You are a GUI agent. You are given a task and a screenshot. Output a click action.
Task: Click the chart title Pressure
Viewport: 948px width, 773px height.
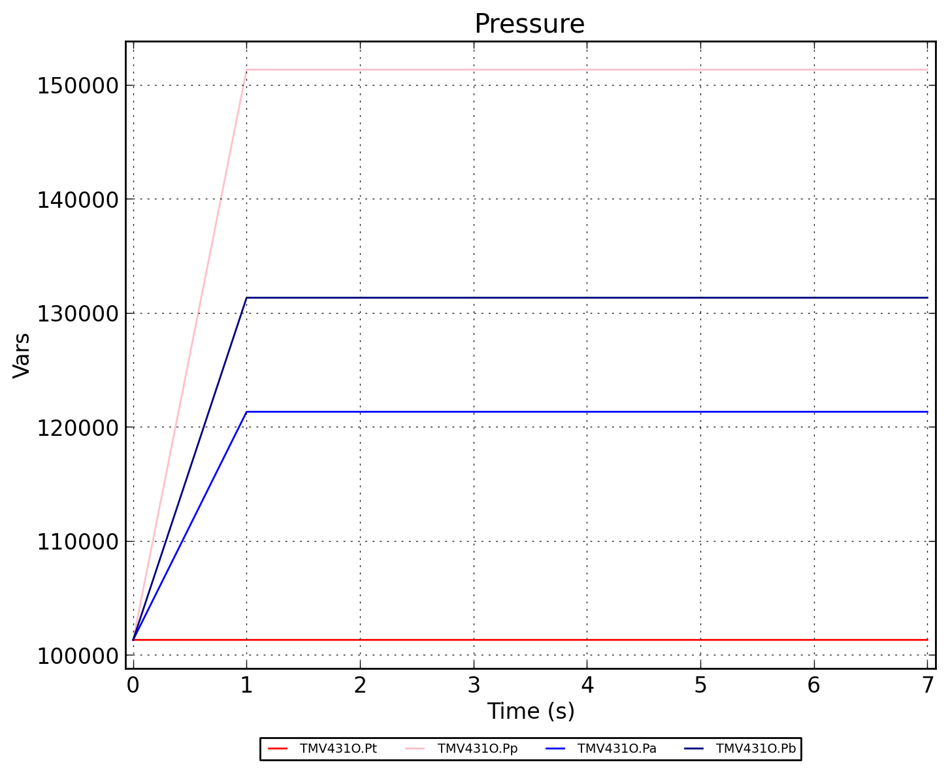pos(529,24)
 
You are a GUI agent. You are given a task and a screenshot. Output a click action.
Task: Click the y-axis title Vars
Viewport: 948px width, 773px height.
pos(22,355)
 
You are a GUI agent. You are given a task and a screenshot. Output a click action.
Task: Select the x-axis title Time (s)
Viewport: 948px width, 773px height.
pos(531,711)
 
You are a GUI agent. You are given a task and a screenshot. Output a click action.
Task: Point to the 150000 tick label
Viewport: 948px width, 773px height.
pos(77,86)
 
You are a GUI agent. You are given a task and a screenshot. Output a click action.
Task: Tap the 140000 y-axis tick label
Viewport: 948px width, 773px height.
pos(77,199)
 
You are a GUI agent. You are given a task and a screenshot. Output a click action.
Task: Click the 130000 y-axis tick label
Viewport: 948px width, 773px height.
pos(77,314)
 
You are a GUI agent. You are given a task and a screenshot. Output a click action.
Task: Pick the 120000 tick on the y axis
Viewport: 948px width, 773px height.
pos(77,427)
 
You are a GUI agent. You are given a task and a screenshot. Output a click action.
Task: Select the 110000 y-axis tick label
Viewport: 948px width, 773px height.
pos(77,542)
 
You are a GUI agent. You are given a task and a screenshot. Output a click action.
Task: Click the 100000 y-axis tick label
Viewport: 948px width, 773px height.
pos(77,655)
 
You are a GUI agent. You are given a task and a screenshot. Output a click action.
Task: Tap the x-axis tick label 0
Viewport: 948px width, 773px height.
pos(133,685)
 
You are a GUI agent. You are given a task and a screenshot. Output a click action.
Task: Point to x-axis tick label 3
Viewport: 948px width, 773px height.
pos(474,685)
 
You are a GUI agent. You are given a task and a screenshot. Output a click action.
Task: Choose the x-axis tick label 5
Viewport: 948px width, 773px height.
pos(700,685)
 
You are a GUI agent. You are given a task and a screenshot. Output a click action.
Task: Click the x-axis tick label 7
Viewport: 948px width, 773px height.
pos(927,685)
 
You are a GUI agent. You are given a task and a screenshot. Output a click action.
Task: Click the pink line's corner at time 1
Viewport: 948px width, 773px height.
pos(246,69)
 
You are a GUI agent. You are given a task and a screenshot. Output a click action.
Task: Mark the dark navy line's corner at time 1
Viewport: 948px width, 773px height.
pos(246,297)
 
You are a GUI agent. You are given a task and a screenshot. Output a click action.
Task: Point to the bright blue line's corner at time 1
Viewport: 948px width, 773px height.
pos(246,412)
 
